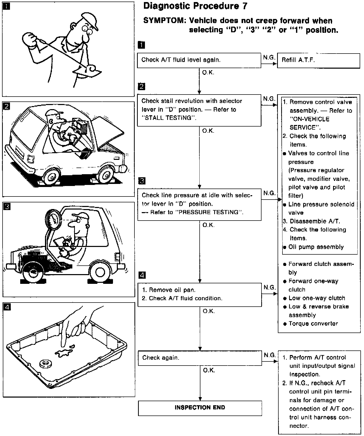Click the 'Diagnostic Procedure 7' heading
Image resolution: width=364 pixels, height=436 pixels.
(x=195, y=6)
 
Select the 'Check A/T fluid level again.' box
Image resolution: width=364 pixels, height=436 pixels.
(x=199, y=60)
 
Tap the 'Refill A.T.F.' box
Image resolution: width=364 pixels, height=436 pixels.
(x=318, y=60)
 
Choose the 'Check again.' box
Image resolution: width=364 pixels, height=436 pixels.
(x=200, y=358)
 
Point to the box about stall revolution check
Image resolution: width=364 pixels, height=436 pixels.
(x=199, y=110)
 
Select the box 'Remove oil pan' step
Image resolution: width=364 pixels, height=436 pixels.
(x=200, y=294)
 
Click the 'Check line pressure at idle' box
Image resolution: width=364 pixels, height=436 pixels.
(x=199, y=204)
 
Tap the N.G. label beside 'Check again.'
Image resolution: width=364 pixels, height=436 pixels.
(x=270, y=355)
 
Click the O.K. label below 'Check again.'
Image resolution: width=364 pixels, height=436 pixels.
(x=209, y=370)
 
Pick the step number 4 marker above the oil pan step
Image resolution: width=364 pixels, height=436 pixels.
(x=142, y=275)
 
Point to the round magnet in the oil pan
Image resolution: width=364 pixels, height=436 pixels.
(x=45, y=364)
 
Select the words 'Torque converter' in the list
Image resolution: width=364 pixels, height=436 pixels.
(x=313, y=324)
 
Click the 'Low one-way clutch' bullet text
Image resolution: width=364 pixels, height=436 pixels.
(x=317, y=298)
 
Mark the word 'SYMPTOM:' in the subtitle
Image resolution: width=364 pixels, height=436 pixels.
(x=164, y=20)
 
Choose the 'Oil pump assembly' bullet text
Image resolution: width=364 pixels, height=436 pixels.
(x=316, y=247)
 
